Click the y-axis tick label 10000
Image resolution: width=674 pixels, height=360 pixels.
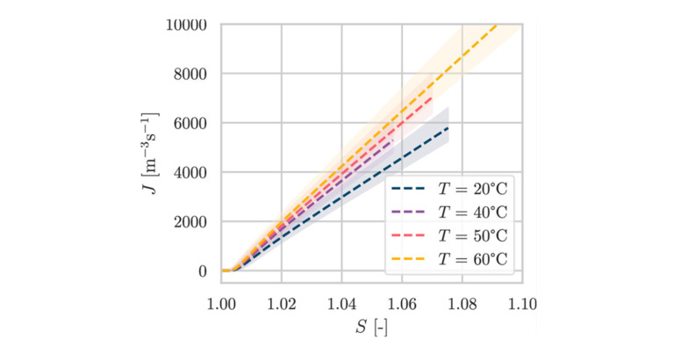click(186, 24)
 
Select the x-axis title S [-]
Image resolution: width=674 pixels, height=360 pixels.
click(371, 328)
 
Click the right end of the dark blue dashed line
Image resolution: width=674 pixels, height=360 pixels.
click(448, 128)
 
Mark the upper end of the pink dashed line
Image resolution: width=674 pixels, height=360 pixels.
click(432, 97)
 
